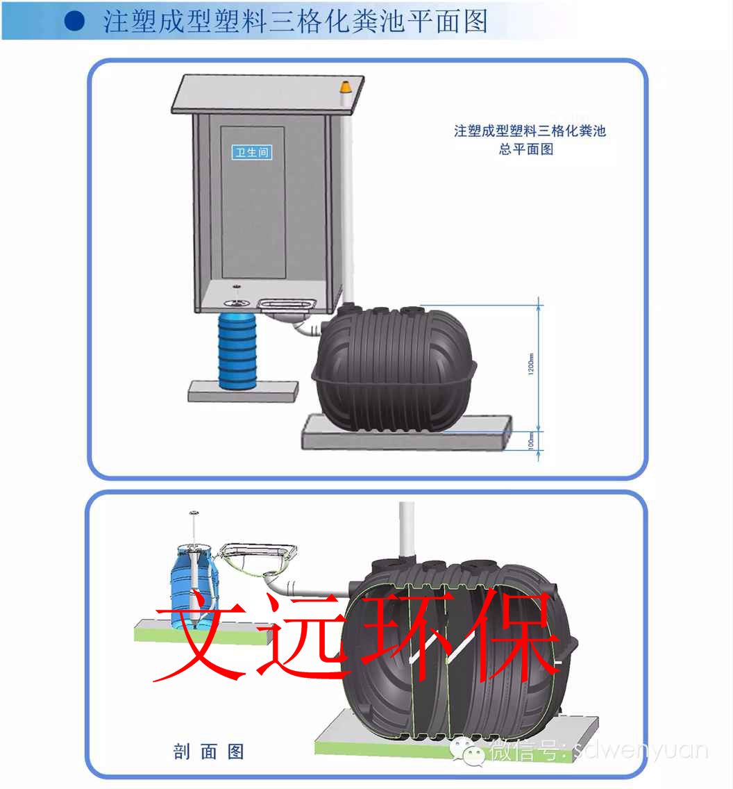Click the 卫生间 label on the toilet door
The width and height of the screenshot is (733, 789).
251,152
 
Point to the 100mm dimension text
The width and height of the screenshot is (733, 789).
531,440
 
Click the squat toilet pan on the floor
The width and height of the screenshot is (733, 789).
287,304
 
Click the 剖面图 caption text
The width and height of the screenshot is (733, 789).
208,751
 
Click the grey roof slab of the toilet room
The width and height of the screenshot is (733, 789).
267,93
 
